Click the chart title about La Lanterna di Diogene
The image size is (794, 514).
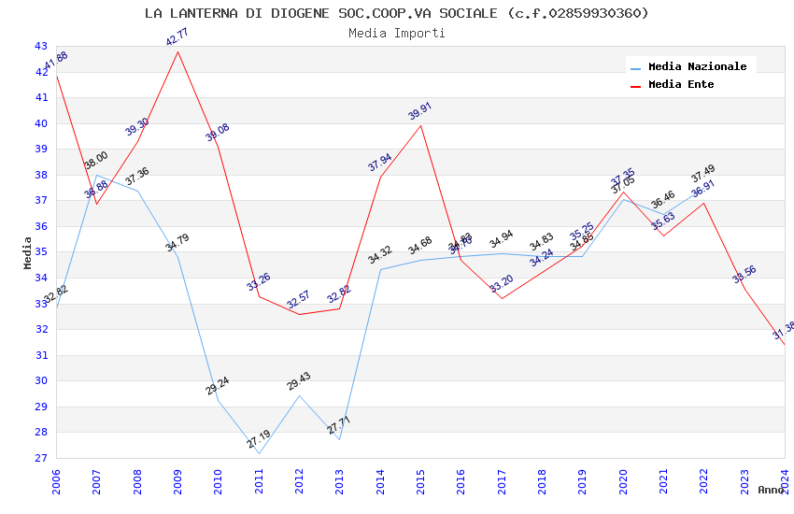click(x=396, y=13)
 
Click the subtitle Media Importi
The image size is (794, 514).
click(x=396, y=34)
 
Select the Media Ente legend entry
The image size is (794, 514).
click(x=681, y=84)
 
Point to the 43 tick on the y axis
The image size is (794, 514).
click(x=40, y=46)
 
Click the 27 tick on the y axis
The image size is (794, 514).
click(x=40, y=458)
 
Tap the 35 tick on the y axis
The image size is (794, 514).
click(x=40, y=252)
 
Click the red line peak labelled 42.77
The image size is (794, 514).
click(x=177, y=50)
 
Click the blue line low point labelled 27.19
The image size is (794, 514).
click(x=259, y=440)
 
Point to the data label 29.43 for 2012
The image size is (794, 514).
click(x=299, y=381)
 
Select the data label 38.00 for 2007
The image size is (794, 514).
click(x=96, y=161)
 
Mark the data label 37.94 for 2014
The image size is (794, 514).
click(x=380, y=163)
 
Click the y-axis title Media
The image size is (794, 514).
click(x=28, y=252)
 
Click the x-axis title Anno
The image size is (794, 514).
click(x=771, y=490)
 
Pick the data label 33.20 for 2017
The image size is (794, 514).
click(x=502, y=283)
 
